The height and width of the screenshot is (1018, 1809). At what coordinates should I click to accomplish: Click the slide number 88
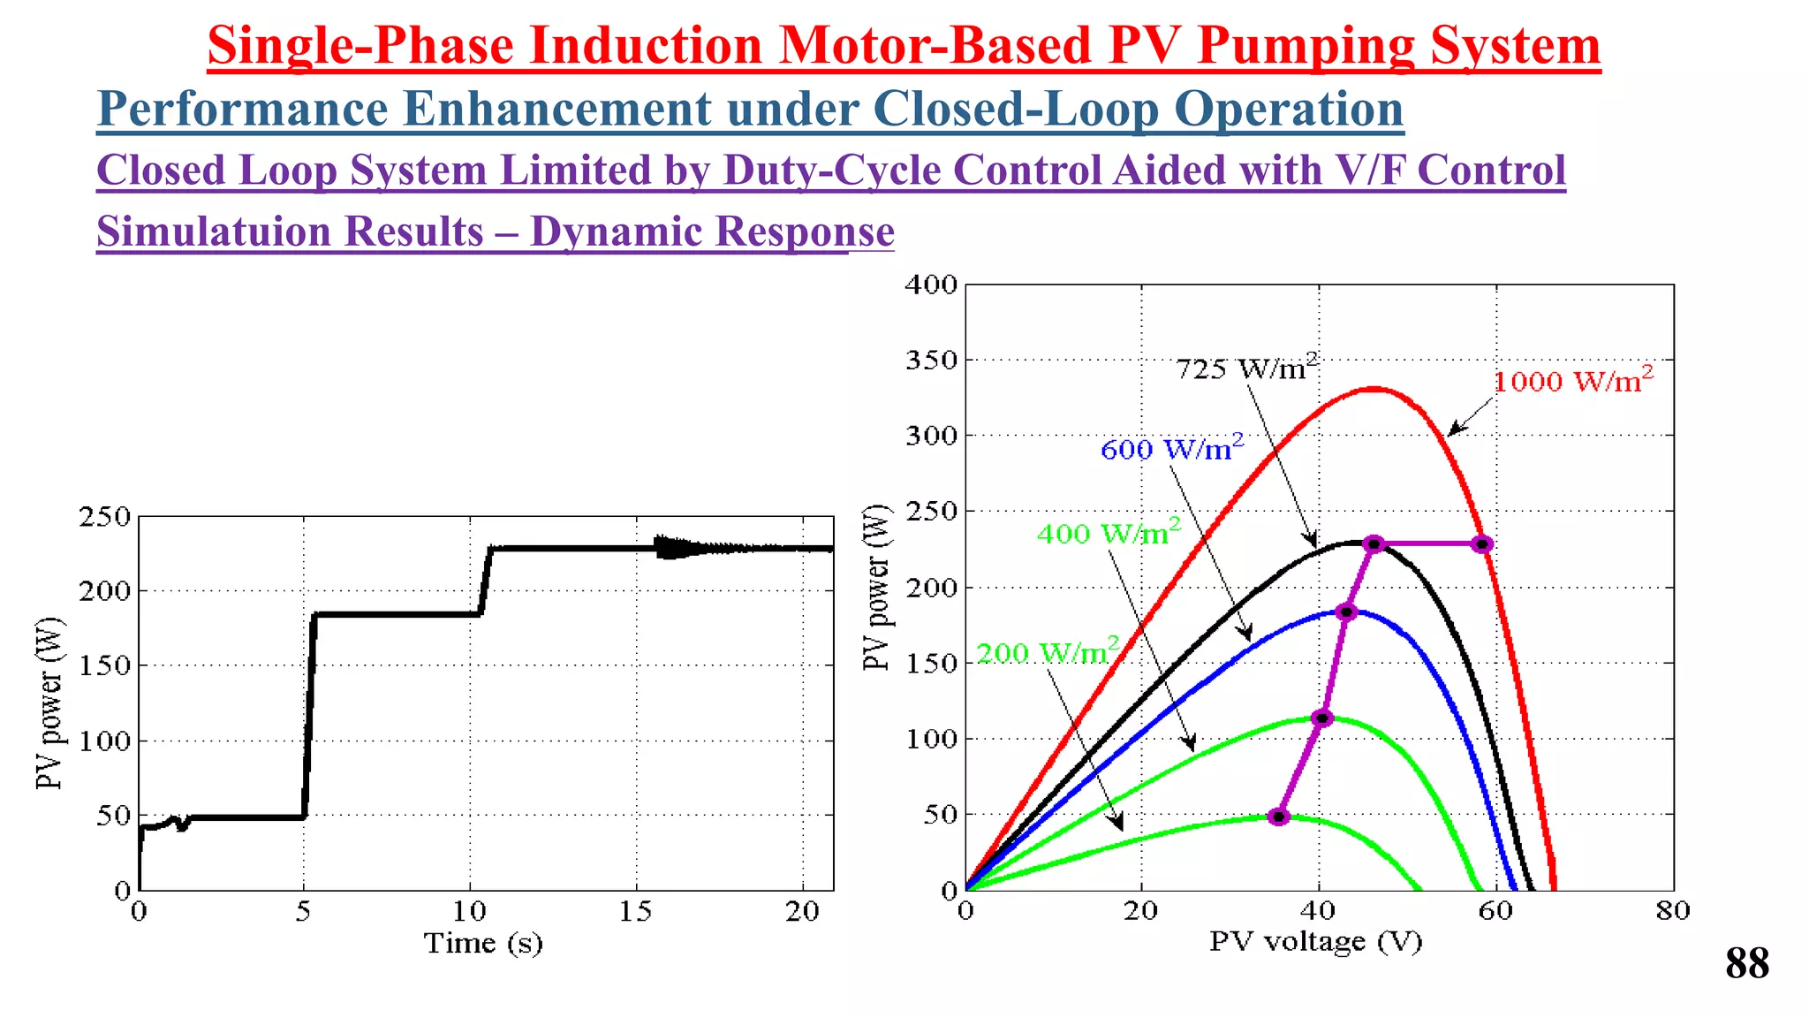coord(1746,963)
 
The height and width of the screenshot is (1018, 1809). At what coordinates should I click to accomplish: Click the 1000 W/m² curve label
coord(1572,381)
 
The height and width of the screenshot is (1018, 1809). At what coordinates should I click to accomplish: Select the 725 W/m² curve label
coord(1246,368)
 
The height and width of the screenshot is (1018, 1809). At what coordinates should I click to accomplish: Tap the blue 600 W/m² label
coord(1171,449)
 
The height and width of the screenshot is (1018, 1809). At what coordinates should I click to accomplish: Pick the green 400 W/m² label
coord(1108,533)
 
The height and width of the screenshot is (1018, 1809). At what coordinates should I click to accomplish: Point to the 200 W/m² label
coord(1048,652)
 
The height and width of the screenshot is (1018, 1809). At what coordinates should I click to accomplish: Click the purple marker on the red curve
coord(1482,544)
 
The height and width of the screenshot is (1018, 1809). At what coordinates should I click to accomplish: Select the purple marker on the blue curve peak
coord(1346,612)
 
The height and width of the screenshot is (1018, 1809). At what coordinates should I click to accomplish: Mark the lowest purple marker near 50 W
coord(1278,817)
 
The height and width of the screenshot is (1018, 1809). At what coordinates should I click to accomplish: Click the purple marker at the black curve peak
coord(1373,544)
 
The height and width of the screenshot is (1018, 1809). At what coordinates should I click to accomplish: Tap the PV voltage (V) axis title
coord(1315,941)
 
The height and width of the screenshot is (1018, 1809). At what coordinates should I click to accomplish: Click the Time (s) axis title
coord(483,943)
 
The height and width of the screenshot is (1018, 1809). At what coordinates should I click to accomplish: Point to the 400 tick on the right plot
coord(931,285)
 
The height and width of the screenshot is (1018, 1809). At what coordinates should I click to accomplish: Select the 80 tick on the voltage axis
coord(1672,911)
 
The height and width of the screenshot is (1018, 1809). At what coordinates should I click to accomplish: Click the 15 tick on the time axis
coord(635,912)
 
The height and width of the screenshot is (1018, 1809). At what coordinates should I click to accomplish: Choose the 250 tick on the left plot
coord(104,516)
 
